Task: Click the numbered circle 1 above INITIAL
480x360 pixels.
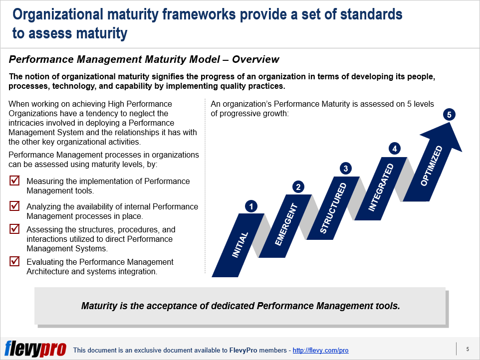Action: point(251,206)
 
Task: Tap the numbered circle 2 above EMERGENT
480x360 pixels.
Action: point(298,187)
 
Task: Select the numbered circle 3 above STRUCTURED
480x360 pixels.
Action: point(345,169)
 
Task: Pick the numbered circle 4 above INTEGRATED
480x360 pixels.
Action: point(395,149)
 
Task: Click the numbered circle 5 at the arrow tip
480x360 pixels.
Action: point(449,115)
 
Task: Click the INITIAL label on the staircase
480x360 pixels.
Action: point(240,245)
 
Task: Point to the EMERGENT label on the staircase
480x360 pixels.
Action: point(286,225)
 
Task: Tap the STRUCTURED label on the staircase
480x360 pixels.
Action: point(333,208)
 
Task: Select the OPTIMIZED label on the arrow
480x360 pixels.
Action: point(431,166)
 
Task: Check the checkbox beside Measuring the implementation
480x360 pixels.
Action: point(15,180)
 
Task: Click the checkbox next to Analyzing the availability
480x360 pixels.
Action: point(15,205)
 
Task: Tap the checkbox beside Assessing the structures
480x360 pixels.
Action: point(15,229)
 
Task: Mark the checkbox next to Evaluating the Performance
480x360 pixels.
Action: point(15,261)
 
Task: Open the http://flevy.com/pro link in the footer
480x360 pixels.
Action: point(320,351)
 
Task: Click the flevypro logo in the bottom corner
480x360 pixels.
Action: point(35,349)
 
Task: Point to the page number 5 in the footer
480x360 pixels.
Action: point(467,349)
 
